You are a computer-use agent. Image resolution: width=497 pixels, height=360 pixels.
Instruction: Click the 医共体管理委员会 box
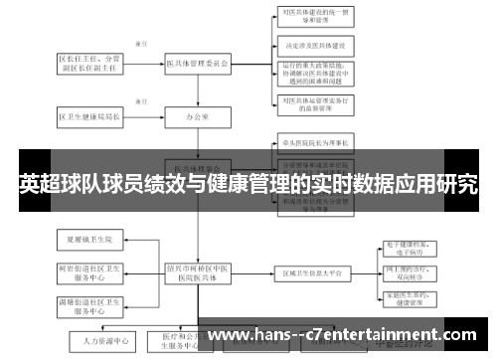pos(197,63)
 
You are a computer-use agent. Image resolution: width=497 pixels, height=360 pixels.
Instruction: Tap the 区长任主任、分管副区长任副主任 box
pos(90,63)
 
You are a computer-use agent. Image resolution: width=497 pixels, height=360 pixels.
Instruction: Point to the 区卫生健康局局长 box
pos(90,116)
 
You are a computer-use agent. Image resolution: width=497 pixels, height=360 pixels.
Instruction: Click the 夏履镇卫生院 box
pos(90,240)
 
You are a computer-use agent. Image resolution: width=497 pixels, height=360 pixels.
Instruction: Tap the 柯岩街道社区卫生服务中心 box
pos(90,272)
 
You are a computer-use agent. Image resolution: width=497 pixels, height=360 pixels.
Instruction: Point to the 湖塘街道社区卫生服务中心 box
pos(90,304)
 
